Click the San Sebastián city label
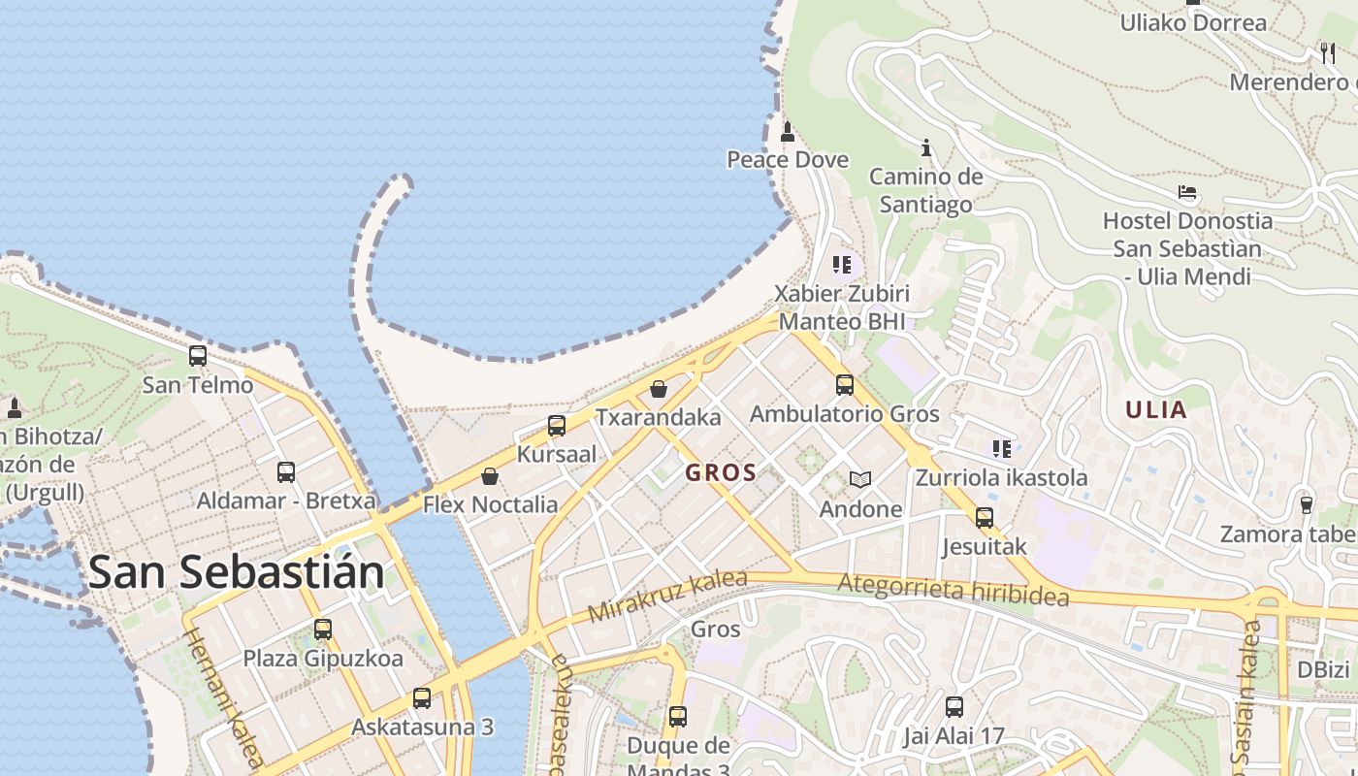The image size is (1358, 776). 236,572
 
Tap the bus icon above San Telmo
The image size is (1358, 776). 198,356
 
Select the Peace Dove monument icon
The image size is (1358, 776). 788,131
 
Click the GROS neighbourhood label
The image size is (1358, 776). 721,473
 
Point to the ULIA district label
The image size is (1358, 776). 1156,409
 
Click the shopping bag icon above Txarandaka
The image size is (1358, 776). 659,389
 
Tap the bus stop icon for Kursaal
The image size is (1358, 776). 557,426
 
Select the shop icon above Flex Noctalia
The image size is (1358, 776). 490,476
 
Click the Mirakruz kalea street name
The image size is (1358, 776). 667,596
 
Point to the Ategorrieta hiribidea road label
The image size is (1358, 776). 953,589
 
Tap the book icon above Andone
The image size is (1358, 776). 860,479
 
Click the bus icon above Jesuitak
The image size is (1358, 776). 985,517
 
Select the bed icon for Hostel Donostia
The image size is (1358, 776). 1187,192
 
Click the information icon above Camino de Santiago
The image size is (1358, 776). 926,147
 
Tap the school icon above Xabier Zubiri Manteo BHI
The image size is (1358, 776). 842,264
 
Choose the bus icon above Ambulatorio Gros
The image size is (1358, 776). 845,385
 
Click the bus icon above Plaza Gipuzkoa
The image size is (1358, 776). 323,630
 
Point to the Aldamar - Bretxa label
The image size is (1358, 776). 286,501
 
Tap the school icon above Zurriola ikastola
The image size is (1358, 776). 1002,448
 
